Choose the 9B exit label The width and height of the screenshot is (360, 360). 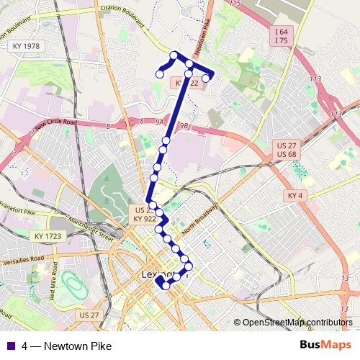(187, 126)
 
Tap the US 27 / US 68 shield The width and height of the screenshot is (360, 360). (286, 150)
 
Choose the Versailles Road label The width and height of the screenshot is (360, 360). (22, 258)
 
